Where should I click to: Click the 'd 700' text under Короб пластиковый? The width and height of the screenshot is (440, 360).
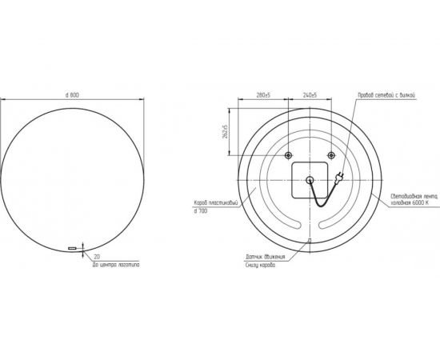coord(201,211)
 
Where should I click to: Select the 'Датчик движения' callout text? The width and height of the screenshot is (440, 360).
coord(263,257)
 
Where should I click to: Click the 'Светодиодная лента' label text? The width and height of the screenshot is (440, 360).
coord(415,197)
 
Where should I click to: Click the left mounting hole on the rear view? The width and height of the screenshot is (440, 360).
coord(288,155)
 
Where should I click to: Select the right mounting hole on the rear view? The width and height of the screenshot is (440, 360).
coord(330,155)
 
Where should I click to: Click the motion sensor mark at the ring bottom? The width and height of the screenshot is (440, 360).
coord(309,240)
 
